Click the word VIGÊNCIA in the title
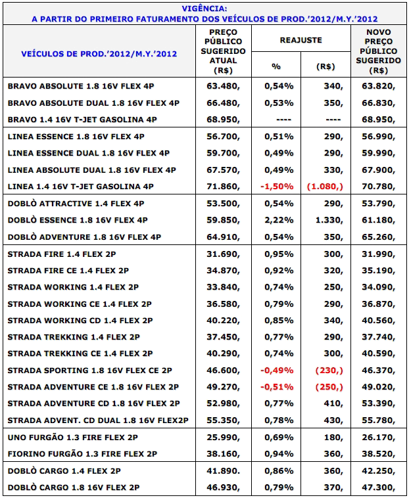[204, 9]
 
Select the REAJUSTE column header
[301, 40]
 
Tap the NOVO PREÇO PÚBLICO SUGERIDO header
[378, 51]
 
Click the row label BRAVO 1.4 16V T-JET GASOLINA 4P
[82, 120]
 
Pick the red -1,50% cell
[277, 187]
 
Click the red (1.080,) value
[325, 187]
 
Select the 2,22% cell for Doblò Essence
[279, 220]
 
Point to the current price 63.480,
[223, 86]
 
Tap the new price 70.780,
[378, 187]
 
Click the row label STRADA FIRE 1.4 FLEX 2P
[62, 254]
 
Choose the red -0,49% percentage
[277, 371]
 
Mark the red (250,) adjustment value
[329, 387]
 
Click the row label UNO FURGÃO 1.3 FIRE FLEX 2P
[73, 438]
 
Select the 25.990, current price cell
[223, 438]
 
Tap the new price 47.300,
[378, 487]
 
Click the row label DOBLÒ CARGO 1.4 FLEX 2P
[64, 470]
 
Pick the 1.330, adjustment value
[329, 220]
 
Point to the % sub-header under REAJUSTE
[276, 66]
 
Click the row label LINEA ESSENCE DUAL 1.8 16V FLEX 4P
[89, 153]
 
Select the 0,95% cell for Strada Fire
[279, 254]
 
